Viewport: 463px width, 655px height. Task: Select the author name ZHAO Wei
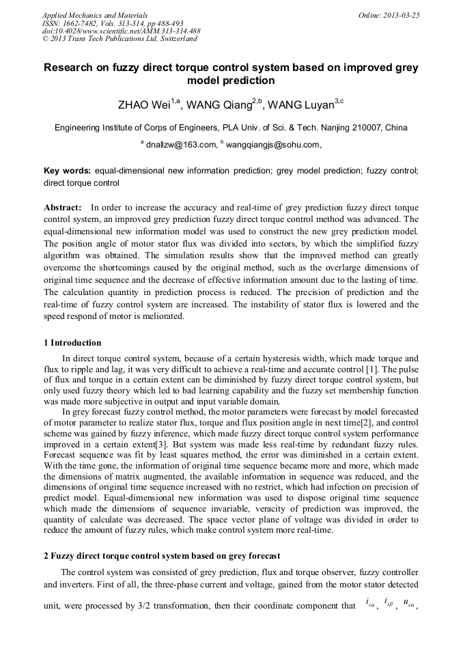click(x=144, y=105)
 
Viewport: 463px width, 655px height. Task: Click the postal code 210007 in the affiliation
click(x=369, y=127)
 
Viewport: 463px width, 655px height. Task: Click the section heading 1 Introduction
click(x=72, y=343)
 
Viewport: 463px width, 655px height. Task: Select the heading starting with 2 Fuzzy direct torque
click(x=161, y=556)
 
